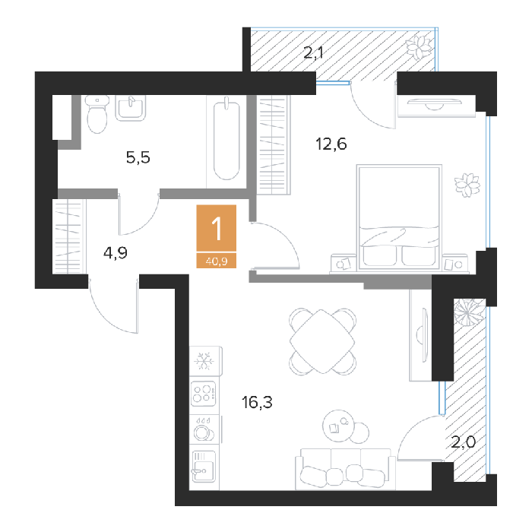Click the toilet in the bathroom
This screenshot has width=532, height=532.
point(97,114)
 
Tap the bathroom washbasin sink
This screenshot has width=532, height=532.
point(131,108)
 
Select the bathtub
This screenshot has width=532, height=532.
point(226,140)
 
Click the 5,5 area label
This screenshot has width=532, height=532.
point(138,157)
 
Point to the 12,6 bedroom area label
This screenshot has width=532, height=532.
point(331,144)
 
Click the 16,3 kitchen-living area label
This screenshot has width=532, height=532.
point(257,402)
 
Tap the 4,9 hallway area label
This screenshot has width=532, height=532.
point(116,253)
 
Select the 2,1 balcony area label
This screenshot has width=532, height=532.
point(313,53)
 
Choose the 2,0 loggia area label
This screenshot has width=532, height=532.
point(463,442)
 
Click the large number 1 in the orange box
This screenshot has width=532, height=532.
point(217,228)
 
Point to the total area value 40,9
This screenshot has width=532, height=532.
point(217,261)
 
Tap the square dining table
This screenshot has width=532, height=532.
point(322,341)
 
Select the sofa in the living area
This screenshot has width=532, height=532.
point(345,469)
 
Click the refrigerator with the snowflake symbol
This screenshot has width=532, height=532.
point(206,361)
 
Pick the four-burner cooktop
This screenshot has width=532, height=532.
point(203,394)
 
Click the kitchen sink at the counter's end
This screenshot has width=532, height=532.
point(204,466)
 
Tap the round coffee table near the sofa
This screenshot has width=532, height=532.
point(339,426)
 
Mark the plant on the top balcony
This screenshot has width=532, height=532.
point(420,47)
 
